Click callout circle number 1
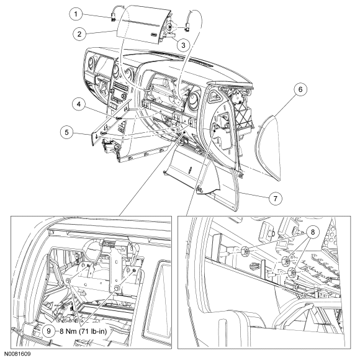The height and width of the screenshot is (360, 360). tap(76, 14)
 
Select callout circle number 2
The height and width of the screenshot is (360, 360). tap(79, 34)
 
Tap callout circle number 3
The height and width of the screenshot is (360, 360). tap(183, 45)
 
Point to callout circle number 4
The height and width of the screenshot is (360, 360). tap(79, 104)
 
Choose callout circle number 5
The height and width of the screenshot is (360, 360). tap(67, 132)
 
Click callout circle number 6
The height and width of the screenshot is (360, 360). tap(300, 89)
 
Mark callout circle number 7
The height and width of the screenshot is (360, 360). tap(276, 198)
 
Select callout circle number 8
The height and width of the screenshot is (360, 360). tap(313, 232)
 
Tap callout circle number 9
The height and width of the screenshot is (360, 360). tap(48, 331)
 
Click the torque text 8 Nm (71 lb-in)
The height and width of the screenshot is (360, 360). tap(83, 331)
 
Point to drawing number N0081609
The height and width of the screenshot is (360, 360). tap(17, 354)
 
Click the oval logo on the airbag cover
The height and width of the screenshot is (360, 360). tap(154, 35)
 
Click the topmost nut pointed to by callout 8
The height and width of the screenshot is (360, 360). tap(245, 252)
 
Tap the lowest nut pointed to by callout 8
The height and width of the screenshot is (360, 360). tap(290, 272)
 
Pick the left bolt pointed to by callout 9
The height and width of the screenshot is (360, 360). tap(68, 281)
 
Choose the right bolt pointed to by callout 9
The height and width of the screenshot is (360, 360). tap(117, 287)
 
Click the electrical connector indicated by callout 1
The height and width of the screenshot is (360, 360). tap(113, 17)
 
